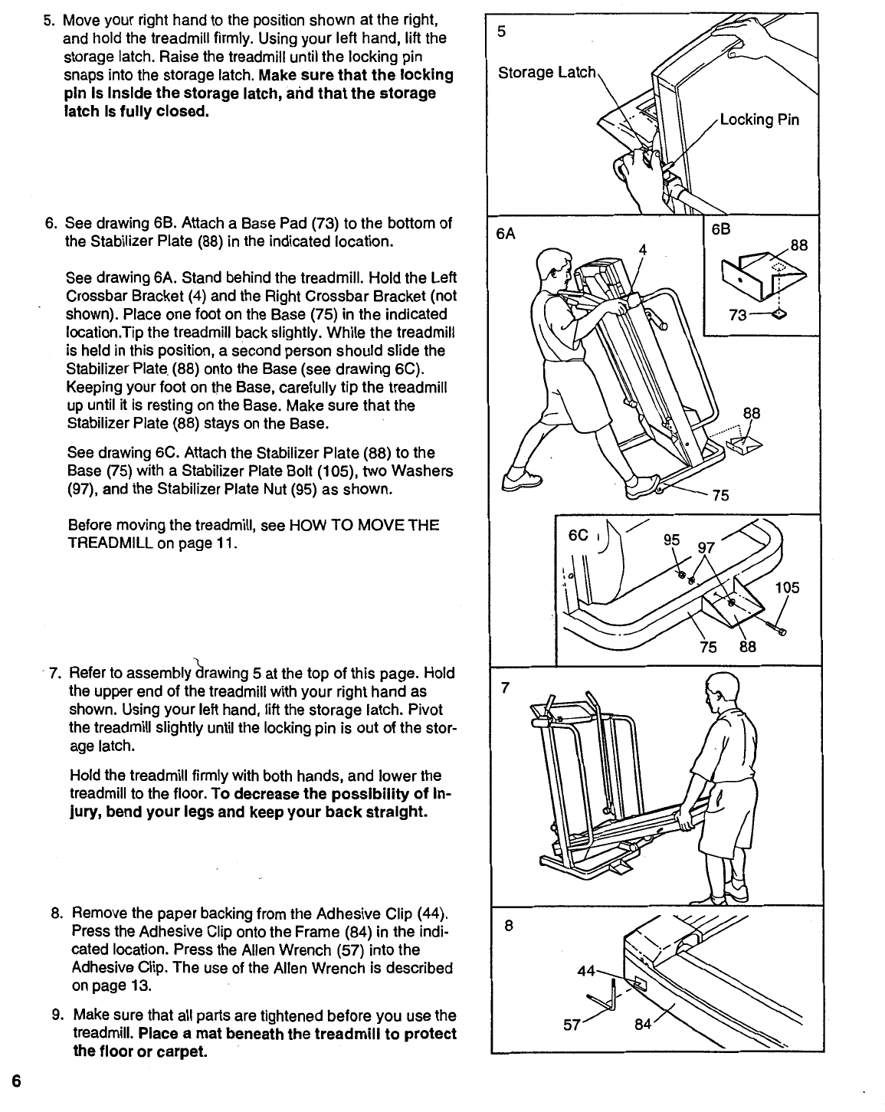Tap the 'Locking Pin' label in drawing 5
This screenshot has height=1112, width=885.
tap(759, 120)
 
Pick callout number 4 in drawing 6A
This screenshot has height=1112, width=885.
tap(643, 250)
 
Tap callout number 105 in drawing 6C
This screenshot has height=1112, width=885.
tap(787, 588)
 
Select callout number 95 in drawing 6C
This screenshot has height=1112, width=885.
tap(670, 539)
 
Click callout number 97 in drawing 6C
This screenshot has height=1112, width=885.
tap(704, 547)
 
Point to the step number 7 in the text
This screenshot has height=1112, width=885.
tap(54, 674)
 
